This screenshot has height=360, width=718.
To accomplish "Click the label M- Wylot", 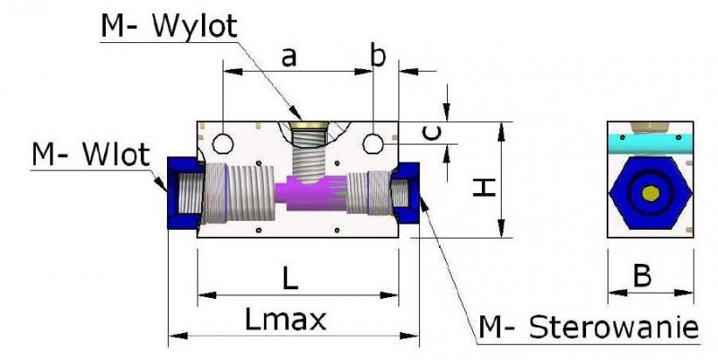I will (169, 26).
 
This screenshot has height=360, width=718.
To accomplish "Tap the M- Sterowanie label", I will (589, 326).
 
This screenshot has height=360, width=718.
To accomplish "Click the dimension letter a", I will (289, 57).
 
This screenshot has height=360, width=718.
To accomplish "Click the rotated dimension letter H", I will (485, 188).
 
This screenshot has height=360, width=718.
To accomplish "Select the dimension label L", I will (289, 278).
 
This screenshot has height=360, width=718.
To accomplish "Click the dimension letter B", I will (642, 277).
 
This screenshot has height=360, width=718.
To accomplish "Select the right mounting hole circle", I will (372, 143).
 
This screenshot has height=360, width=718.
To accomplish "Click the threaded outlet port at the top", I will (310, 148).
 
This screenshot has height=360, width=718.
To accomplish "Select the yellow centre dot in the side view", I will (650, 193).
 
